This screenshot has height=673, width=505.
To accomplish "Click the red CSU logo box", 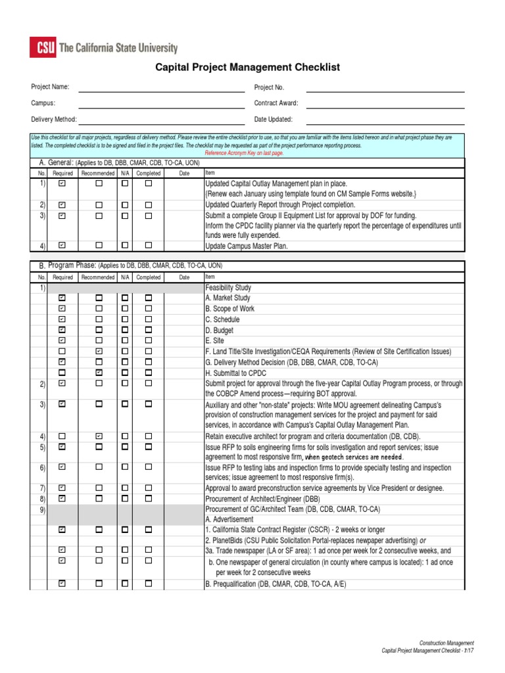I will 42,47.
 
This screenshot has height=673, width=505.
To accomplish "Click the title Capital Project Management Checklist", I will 247,67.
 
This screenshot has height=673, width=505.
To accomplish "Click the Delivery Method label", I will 54,120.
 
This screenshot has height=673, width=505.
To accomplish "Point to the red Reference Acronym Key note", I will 244,152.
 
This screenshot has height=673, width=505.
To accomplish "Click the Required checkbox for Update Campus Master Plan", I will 62,245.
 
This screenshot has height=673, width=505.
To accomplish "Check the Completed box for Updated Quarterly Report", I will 149,204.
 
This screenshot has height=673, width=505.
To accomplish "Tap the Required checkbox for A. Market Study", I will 62,298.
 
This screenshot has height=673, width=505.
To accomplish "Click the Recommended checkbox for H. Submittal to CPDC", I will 99,373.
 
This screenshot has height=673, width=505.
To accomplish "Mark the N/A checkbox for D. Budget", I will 124,330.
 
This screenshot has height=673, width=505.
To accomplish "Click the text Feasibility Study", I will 228,288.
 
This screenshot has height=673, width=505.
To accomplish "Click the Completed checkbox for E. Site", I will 149,340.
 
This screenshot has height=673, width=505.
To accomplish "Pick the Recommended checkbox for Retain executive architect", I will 99,436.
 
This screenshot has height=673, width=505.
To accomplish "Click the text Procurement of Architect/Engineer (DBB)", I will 262,499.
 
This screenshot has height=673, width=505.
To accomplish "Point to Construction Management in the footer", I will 446,643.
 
